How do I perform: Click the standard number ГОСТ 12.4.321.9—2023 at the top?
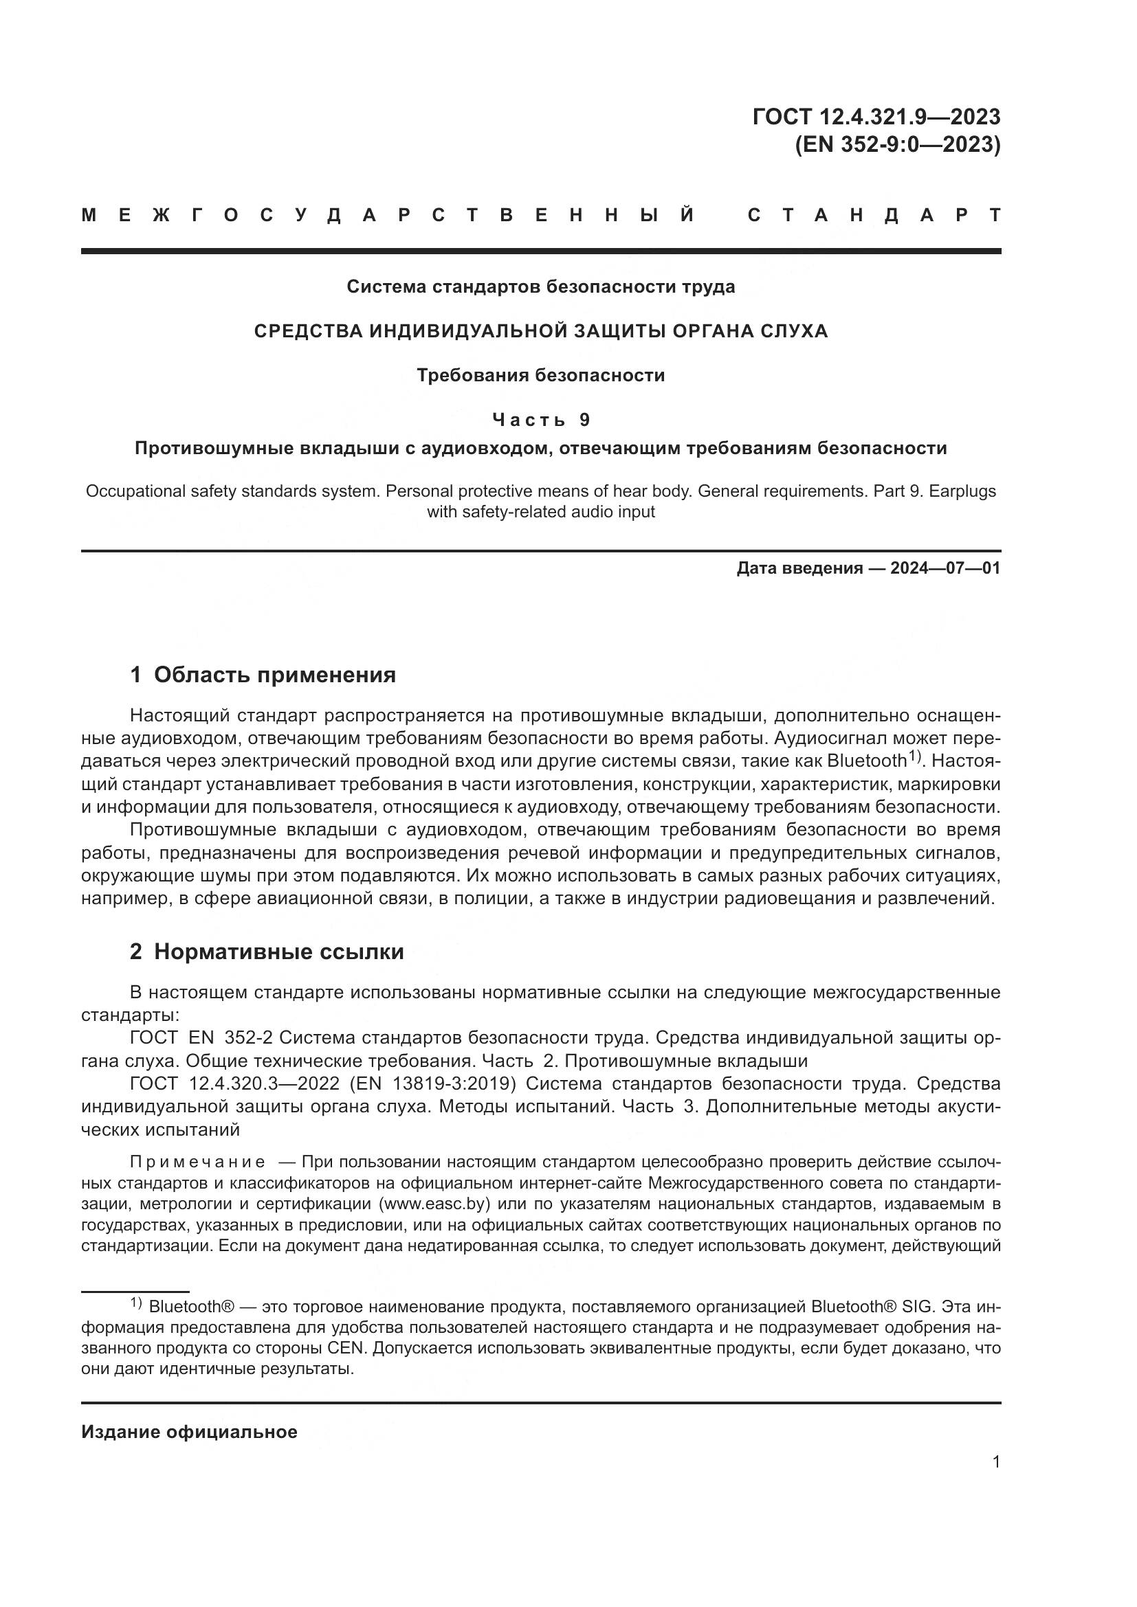pyautogui.click(x=876, y=117)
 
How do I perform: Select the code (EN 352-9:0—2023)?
pyautogui.click(x=898, y=145)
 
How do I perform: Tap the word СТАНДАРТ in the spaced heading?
pyautogui.click(x=874, y=216)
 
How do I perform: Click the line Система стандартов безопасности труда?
pyautogui.click(x=540, y=287)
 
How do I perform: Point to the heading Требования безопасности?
pyautogui.click(x=540, y=376)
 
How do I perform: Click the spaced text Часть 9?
pyautogui.click(x=541, y=420)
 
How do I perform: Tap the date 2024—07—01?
pyautogui.click(x=945, y=568)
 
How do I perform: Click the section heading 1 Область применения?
pyautogui.click(x=263, y=675)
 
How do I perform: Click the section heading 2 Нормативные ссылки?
pyautogui.click(x=267, y=952)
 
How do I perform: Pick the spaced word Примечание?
pyautogui.click(x=197, y=1162)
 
